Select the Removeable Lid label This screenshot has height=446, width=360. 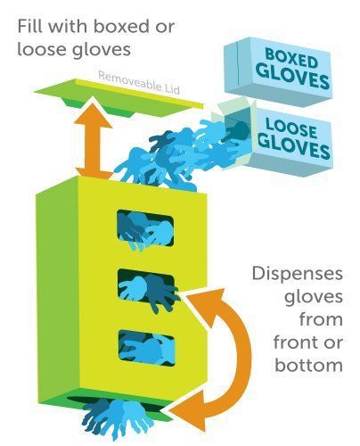click(x=139, y=82)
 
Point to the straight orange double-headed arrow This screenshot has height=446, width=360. click(x=94, y=141)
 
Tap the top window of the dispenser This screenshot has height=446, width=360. click(x=145, y=228)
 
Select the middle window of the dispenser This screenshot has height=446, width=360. click(x=146, y=287)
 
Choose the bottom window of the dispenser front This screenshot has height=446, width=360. click(x=147, y=348)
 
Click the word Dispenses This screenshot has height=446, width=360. click(x=298, y=274)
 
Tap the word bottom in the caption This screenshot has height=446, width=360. click(x=309, y=365)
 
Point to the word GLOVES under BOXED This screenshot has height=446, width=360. click(x=292, y=75)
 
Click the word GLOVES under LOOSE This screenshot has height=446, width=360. click(x=293, y=145)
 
